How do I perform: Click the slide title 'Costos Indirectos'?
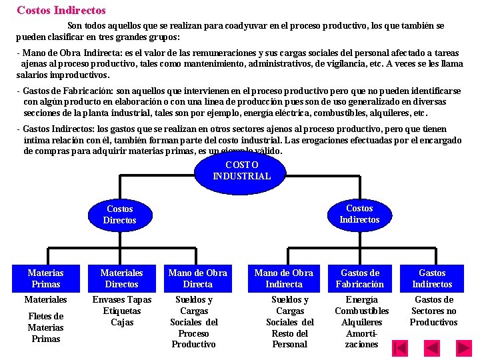pos(61,10)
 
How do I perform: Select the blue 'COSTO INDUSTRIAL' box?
pos(241,171)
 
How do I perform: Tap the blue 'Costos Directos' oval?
pos(120,214)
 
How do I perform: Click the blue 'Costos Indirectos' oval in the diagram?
pos(359,214)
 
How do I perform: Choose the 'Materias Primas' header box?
pos(46,278)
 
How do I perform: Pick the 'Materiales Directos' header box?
pos(121,278)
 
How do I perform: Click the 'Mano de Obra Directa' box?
pos(198,278)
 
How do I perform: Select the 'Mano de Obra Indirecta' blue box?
pos(284,278)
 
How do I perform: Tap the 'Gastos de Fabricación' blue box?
pos(360,278)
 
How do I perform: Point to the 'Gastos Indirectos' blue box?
pos(433,278)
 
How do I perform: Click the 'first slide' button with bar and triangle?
pos(400,347)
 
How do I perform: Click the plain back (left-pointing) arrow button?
pos(433,347)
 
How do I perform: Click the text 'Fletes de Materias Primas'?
pos(46,327)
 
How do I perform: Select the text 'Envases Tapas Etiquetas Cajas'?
pos(122,311)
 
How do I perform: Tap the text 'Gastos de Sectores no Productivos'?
pos(433,311)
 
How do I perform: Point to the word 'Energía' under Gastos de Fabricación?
pos(362,300)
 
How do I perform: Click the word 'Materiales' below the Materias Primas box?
pos(46,300)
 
